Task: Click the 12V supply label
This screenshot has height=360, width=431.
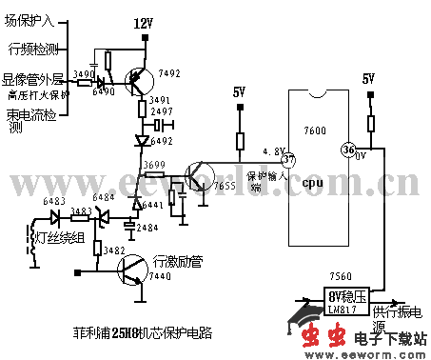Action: point(142,22)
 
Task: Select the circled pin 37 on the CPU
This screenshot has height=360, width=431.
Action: point(289,159)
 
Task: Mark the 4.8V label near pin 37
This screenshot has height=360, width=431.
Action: point(273,150)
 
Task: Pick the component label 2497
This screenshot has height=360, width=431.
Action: point(161,112)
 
